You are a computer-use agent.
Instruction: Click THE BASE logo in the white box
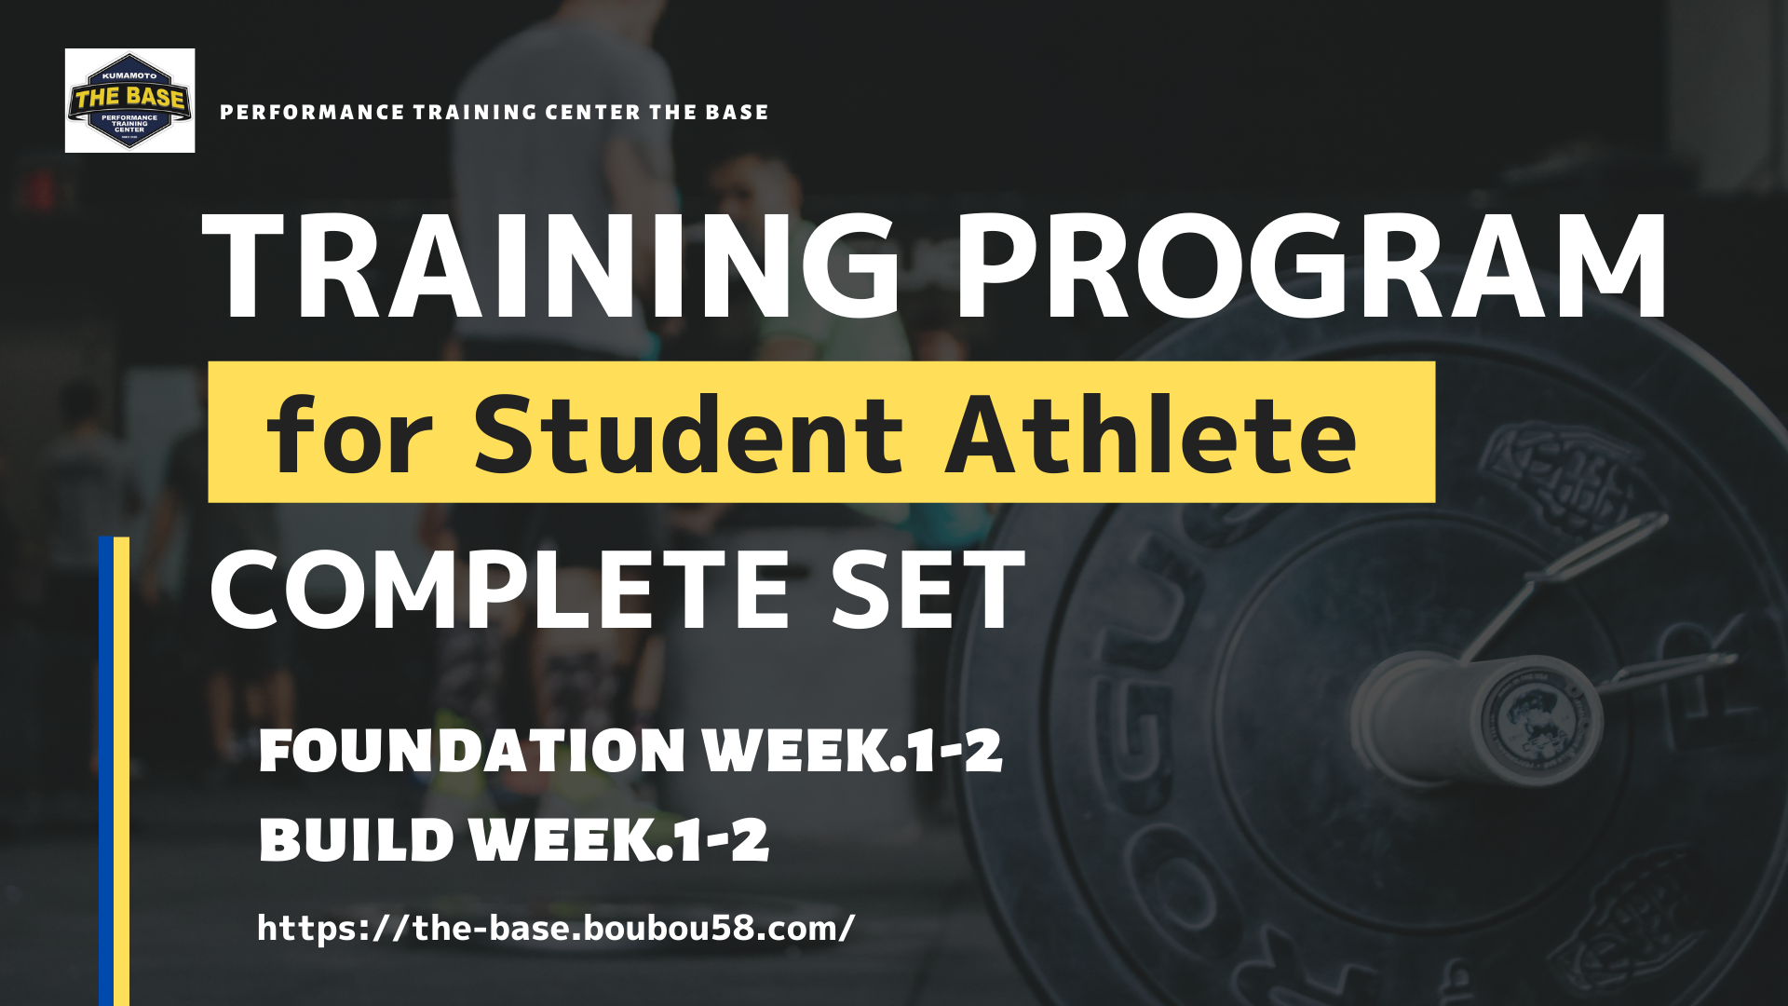point(129,101)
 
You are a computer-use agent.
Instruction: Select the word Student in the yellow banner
point(688,433)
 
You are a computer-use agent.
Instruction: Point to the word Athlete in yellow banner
point(1151,433)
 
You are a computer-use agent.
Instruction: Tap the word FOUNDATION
point(471,751)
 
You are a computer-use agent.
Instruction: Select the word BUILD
point(356,839)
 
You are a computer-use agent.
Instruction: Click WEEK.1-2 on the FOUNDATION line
point(852,751)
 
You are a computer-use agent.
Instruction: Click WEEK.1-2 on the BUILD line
point(619,839)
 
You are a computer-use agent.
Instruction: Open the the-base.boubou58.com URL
point(556,928)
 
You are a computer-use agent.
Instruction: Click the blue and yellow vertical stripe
point(114,771)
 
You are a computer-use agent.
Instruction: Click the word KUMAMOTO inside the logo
point(129,75)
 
